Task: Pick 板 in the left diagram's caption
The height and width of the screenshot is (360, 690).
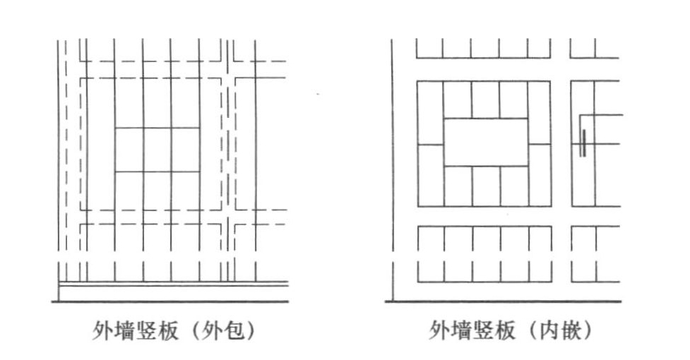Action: coord(167,330)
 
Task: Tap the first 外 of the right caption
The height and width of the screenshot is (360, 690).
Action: coord(439,330)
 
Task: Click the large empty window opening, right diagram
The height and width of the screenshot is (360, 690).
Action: coord(486,142)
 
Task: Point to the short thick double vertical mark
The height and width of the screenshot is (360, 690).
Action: coord(583,143)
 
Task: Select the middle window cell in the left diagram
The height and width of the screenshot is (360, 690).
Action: coord(157,150)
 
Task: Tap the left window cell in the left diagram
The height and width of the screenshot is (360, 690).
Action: coord(129,150)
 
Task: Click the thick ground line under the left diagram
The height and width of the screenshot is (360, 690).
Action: coord(170,301)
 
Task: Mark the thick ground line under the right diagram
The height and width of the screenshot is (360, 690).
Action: coord(504,301)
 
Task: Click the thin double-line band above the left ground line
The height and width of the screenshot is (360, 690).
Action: coord(173,284)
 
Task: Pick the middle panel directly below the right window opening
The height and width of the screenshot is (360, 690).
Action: coord(487,186)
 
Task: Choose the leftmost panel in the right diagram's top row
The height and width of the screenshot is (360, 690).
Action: coord(429,48)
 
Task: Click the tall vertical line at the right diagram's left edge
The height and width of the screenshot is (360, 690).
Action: coord(393,170)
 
